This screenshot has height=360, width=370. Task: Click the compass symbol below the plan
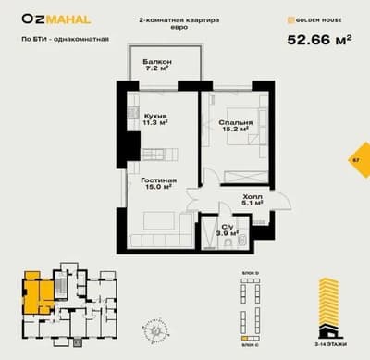[x=151, y=327]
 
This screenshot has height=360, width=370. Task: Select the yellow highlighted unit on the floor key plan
[x=39, y=293]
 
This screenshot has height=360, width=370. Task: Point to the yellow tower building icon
[x=329, y=305]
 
